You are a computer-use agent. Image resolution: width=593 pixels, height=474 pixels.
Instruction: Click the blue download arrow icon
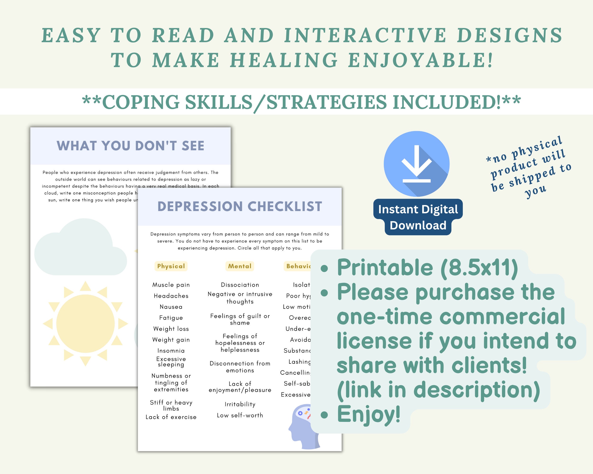(417, 164)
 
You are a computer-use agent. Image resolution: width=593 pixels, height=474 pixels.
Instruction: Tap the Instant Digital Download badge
(418, 217)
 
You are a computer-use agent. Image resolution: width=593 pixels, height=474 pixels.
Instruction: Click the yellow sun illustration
(86, 324)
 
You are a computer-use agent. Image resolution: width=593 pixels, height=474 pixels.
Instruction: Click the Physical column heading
(171, 266)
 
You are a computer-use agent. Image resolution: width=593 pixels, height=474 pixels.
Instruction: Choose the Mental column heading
(240, 266)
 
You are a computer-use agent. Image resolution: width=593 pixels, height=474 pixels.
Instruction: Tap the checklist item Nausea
(171, 307)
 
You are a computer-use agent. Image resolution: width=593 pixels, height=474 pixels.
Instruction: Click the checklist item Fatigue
(171, 318)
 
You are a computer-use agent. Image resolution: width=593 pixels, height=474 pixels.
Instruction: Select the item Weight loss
(171, 329)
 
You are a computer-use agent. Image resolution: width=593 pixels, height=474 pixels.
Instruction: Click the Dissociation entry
(240, 285)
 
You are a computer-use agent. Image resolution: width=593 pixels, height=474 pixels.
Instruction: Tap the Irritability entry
(240, 404)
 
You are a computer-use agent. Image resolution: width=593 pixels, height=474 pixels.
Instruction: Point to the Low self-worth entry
(240, 415)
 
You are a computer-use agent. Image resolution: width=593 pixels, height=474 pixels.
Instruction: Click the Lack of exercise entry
(171, 417)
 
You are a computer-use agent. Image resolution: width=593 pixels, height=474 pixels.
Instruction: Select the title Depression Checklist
(240, 206)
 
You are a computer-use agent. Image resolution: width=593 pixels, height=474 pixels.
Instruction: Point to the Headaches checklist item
(171, 296)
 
